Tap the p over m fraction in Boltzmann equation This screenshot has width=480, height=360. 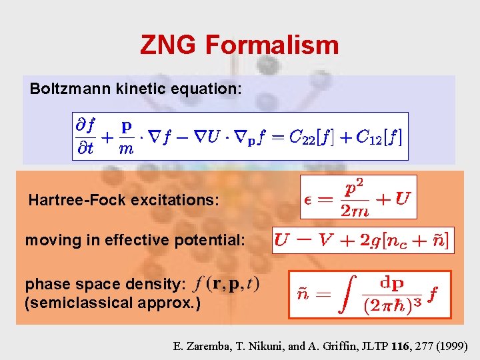coord(125,137)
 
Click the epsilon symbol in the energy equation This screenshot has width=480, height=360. coord(310,198)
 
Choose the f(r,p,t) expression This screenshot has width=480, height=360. coord(227,283)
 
